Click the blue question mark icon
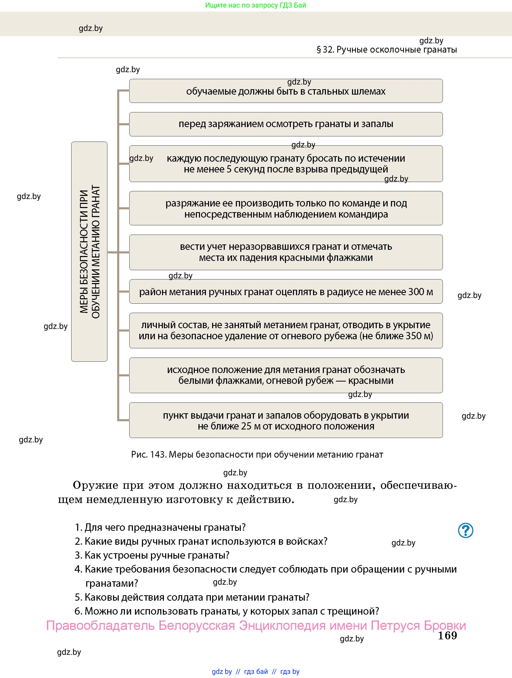(x=465, y=530)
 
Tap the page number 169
(x=447, y=635)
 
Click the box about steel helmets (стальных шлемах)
(x=286, y=91)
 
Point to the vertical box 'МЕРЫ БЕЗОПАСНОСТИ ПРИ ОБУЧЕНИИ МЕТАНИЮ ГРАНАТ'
(x=89, y=251)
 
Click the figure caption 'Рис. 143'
(x=149, y=454)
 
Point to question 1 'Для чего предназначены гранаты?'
(x=160, y=527)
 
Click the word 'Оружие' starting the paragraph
(x=95, y=485)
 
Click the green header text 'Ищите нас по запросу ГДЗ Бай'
(x=255, y=5)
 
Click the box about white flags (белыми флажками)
(x=286, y=375)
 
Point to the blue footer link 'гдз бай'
(x=256, y=672)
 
